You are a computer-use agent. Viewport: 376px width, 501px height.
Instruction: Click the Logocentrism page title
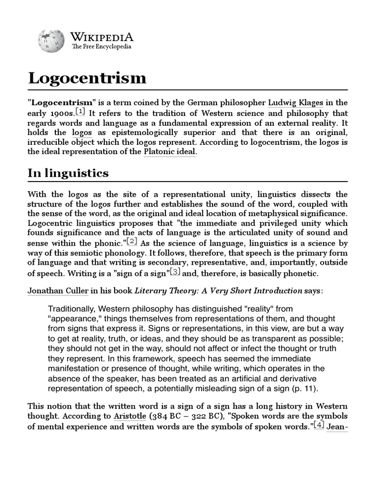click(x=87, y=77)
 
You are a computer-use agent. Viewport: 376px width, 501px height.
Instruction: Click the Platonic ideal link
click(x=169, y=152)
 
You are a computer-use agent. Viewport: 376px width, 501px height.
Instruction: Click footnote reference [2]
click(x=132, y=242)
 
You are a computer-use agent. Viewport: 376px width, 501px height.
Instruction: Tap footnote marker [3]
click(x=175, y=272)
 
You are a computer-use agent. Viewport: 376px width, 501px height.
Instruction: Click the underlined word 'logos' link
click(x=81, y=132)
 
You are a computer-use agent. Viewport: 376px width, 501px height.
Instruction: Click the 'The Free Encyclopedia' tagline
click(x=101, y=47)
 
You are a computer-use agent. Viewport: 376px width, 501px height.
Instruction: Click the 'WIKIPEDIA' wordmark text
click(x=102, y=37)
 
